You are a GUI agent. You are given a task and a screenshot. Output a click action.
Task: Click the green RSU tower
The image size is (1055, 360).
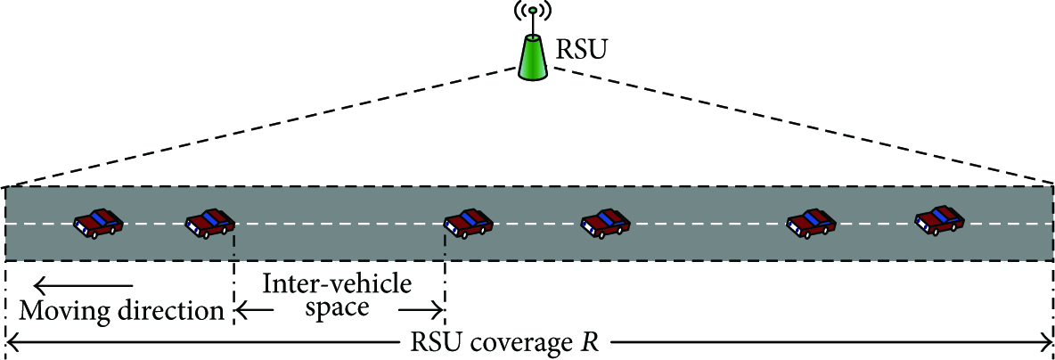(535, 58)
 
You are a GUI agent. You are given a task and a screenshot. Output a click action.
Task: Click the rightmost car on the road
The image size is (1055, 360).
(941, 221)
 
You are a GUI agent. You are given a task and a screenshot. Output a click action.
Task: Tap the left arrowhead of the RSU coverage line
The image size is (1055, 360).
(13, 345)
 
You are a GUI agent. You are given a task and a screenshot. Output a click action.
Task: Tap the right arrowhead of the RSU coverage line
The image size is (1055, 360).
(1045, 345)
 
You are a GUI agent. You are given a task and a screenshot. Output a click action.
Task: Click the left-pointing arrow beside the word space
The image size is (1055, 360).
(254, 311)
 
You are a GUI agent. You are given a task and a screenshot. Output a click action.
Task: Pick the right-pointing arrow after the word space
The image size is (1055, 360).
(421, 311)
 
